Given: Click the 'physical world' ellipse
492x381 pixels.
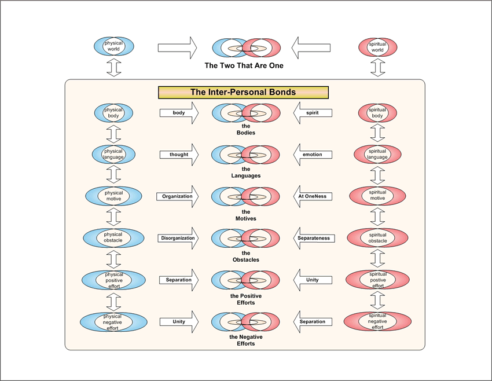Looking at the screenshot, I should point(114,46).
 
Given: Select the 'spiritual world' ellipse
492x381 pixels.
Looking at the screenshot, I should point(377,46).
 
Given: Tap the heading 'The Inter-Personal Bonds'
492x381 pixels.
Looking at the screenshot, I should point(243,92).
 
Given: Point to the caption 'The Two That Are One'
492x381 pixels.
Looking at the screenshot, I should point(244,66).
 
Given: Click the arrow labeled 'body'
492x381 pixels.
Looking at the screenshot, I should point(179,113).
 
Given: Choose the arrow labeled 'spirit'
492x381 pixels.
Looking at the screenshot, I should point(313,113).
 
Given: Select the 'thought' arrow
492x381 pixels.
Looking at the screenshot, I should point(179,155).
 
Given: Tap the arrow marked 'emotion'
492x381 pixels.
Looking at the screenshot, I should point(313,155).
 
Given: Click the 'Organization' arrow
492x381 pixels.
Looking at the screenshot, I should point(177,196).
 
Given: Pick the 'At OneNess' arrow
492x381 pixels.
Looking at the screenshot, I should point(313,196).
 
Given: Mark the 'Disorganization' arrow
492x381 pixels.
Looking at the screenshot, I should point(177,238).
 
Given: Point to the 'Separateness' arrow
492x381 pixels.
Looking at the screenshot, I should point(314,238).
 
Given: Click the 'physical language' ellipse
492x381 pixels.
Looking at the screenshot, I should point(114,154).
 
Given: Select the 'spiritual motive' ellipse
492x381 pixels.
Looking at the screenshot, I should point(377,196).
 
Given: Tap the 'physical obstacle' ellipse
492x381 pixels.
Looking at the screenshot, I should point(114,237).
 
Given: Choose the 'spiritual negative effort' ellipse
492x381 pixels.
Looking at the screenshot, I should point(377,321).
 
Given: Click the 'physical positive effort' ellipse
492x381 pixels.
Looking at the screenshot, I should point(114,279).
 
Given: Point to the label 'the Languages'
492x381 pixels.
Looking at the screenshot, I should point(246,173).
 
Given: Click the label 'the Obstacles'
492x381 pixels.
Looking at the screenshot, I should point(246,256).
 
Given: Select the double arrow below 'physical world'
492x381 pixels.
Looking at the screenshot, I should point(114,68).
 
